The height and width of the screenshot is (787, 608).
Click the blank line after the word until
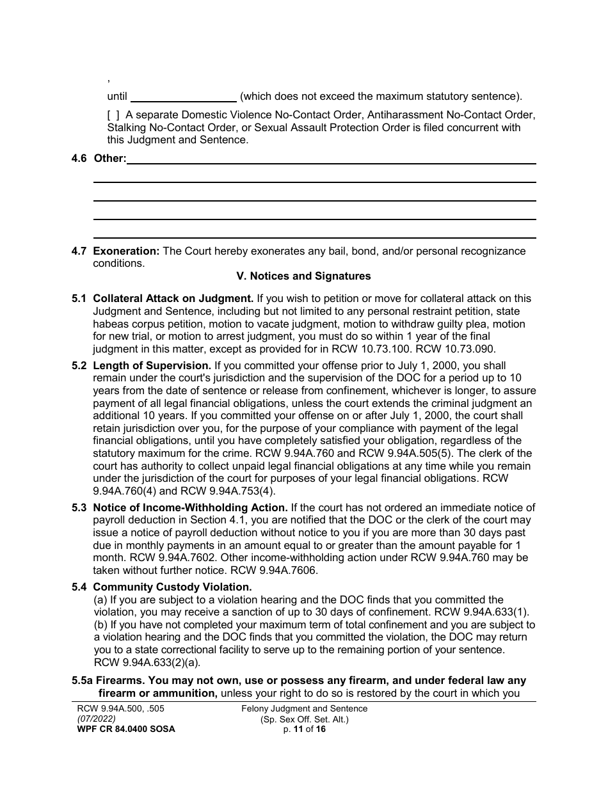183,97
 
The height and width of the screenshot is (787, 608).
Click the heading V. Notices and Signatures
303,276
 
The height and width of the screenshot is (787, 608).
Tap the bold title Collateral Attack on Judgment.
173,299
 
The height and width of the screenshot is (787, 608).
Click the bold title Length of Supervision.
152,366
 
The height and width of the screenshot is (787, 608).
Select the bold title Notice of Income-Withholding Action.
189,508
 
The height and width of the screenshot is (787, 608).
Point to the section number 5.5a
83,681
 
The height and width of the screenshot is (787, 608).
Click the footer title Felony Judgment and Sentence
304,709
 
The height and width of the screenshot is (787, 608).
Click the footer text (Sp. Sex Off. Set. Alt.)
304,719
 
